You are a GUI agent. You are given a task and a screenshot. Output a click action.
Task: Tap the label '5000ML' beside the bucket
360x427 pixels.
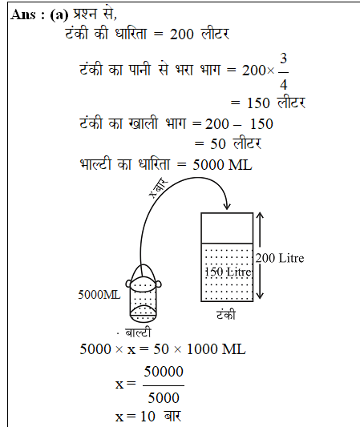pyautogui.click(x=99, y=294)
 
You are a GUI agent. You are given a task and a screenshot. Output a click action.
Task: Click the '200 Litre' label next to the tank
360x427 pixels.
pyautogui.click(x=281, y=258)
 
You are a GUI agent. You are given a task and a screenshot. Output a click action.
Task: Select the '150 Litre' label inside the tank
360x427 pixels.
pyautogui.click(x=229, y=272)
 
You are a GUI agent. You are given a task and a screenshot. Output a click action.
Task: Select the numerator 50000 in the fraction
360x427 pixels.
pyautogui.click(x=163, y=373)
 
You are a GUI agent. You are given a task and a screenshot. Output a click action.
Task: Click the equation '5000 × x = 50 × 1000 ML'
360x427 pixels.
pyautogui.click(x=163, y=349)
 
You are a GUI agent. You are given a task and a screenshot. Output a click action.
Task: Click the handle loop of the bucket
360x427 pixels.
pyautogui.click(x=145, y=271)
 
